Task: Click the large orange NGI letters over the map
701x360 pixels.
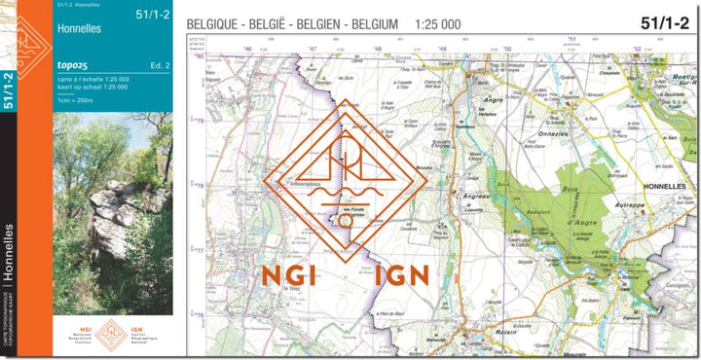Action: tap(289, 275)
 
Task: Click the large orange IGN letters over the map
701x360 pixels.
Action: tap(401, 275)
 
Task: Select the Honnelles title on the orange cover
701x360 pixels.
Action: tap(80, 29)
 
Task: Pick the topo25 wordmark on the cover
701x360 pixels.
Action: tap(76, 65)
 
